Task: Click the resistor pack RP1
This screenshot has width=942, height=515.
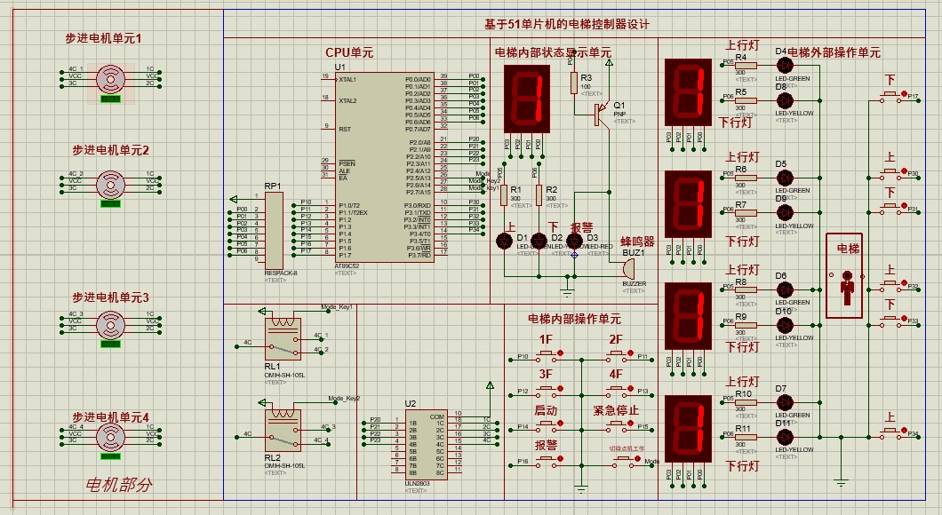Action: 273,230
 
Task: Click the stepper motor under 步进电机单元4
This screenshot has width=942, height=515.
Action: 110,435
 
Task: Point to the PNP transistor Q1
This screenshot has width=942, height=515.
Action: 602,110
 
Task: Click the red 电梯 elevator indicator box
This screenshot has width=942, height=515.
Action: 843,276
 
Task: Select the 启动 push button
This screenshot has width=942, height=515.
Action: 546,427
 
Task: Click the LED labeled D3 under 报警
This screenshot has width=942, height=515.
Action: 575,241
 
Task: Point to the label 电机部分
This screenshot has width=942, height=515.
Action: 118,485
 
